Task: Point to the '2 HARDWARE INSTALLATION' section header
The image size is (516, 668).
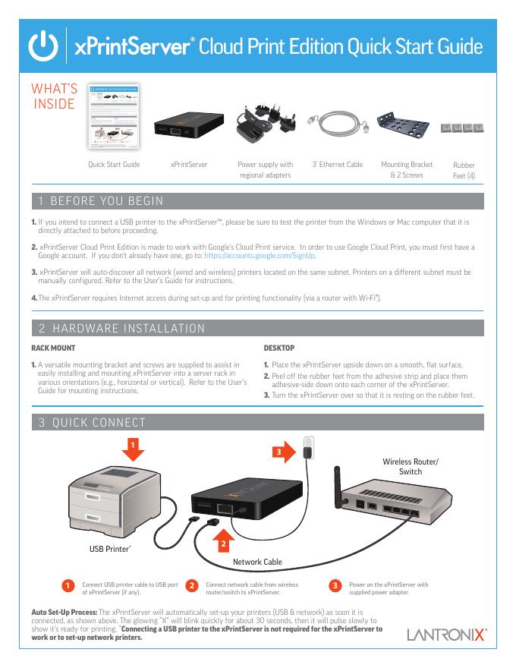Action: coord(122,329)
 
